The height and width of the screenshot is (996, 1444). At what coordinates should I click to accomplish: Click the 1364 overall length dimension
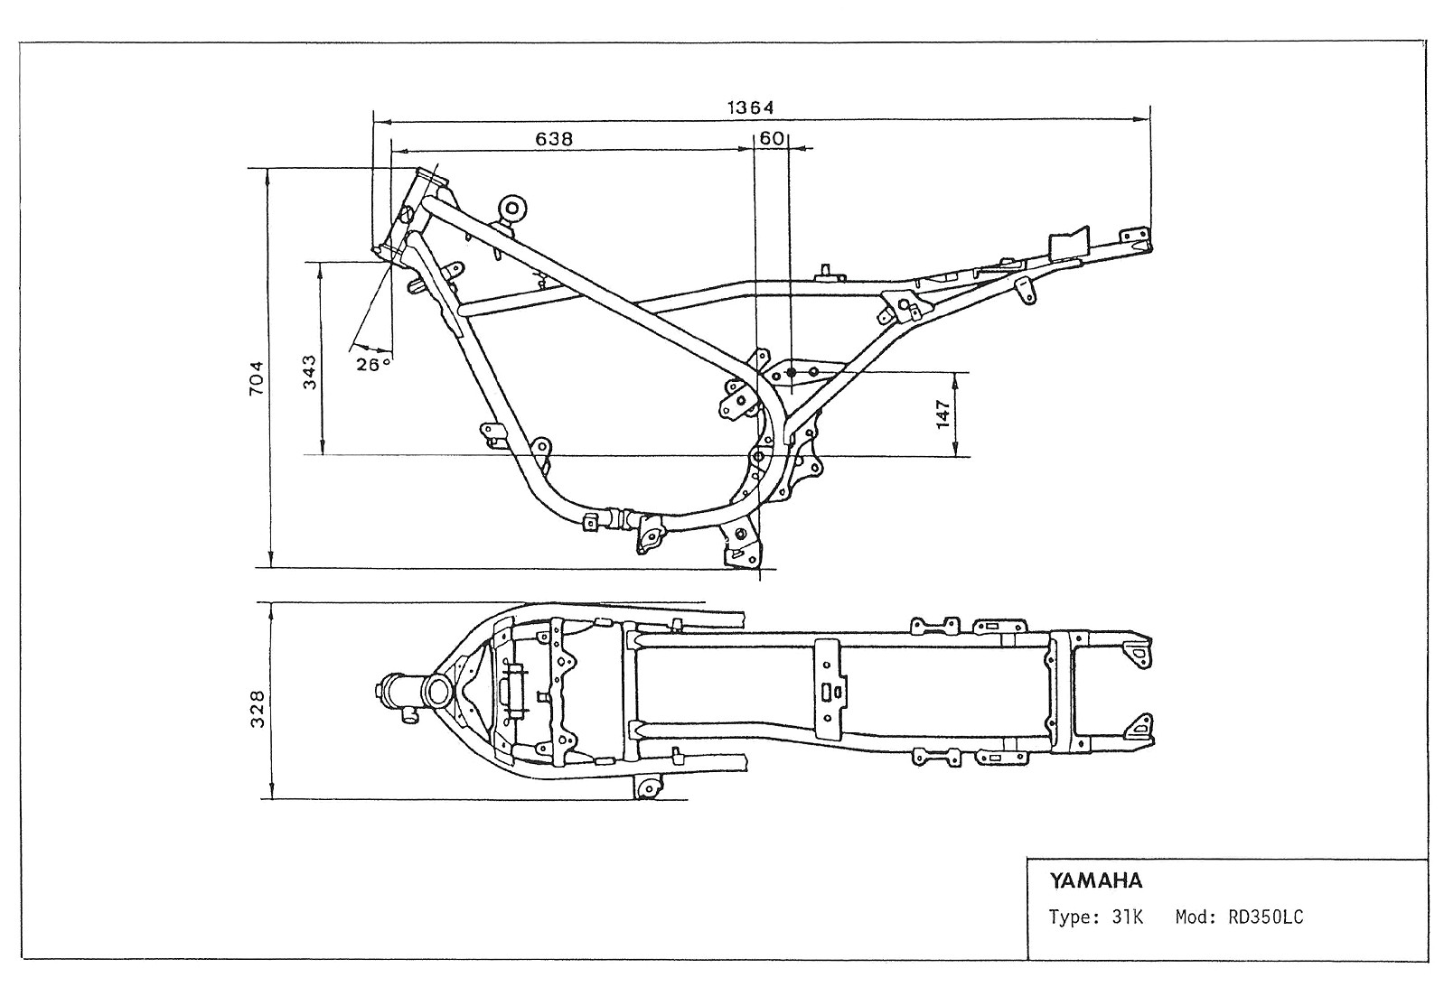pyautogui.click(x=750, y=107)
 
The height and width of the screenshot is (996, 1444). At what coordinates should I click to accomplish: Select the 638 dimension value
pyautogui.click(x=554, y=139)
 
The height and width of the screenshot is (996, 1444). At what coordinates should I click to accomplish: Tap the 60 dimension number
pyautogui.click(x=771, y=139)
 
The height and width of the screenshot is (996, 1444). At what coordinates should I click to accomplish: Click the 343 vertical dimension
pyautogui.click(x=310, y=370)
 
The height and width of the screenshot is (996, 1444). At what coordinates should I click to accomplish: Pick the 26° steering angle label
pyautogui.click(x=373, y=364)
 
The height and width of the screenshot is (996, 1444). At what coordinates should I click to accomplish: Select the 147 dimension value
pyautogui.click(x=943, y=414)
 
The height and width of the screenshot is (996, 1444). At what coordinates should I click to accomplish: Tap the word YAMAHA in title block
pyautogui.click(x=1095, y=880)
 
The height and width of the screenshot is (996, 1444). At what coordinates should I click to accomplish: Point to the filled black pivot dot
pyautogui.click(x=791, y=372)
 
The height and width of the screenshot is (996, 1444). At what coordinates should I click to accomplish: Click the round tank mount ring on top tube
pyautogui.click(x=512, y=209)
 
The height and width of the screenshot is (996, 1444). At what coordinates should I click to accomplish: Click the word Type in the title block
pyautogui.click(x=1070, y=918)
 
